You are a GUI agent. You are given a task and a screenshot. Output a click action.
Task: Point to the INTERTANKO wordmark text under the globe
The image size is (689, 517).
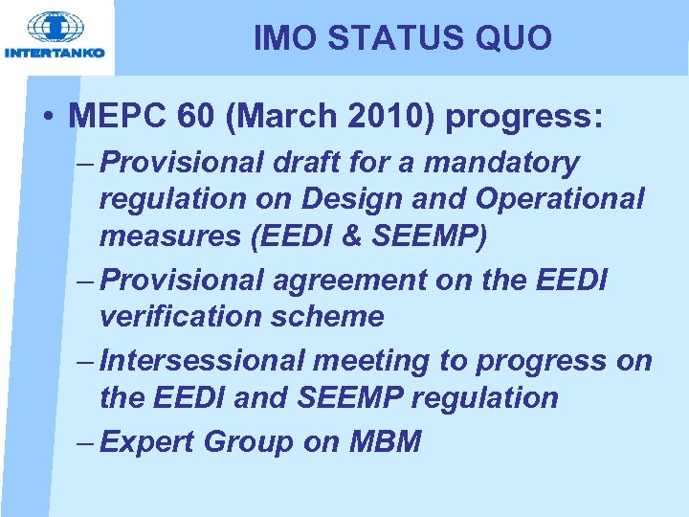coord(55,54)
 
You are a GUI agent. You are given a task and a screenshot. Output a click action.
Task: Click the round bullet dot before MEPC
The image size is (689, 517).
coord(47,118)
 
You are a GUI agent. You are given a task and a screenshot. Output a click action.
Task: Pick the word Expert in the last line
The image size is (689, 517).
coord(144,442)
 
